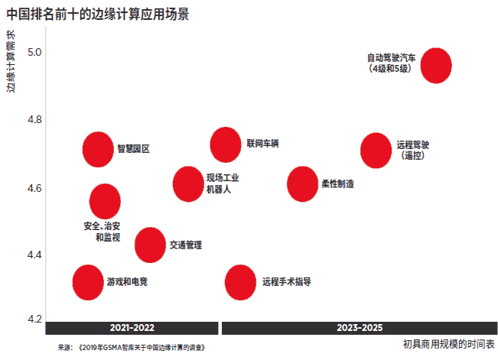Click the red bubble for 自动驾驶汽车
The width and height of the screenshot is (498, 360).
point(435,65)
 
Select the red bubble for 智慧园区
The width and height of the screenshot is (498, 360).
point(98,149)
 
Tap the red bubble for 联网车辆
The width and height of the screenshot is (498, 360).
point(226,144)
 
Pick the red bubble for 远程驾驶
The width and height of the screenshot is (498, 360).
point(376,149)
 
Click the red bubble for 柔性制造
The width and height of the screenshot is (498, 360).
point(302,183)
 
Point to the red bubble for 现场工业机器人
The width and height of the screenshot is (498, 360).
point(188,183)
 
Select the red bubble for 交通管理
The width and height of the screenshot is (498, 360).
point(150,245)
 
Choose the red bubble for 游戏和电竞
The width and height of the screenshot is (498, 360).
point(88,282)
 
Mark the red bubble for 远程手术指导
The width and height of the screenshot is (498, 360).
point(240,282)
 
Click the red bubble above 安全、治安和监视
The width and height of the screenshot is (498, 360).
point(105,202)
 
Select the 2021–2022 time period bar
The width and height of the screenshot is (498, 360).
point(132,328)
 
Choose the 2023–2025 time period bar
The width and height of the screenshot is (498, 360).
point(358,328)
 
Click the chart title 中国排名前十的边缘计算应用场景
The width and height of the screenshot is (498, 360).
point(98,14)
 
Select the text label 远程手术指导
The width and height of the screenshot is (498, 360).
point(286,281)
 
